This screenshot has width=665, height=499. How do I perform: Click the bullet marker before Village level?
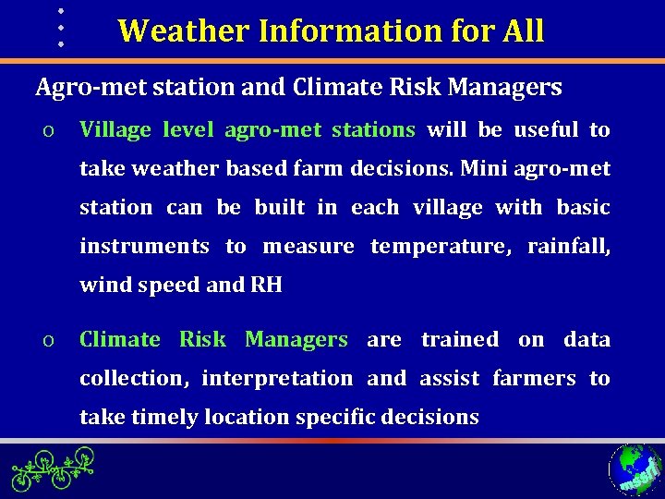pyautogui.click(x=46, y=130)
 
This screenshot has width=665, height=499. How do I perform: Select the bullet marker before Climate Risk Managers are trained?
pyautogui.click(x=46, y=340)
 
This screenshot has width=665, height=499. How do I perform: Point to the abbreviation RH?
pyautogui.click(x=266, y=286)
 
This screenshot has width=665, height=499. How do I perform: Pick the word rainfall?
pyautogui.click(x=568, y=247)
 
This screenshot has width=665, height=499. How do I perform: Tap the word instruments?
pyautogui.click(x=144, y=247)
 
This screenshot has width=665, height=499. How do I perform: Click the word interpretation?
pyautogui.click(x=277, y=379)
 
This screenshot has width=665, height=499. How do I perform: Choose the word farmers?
pyautogui.click(x=534, y=379)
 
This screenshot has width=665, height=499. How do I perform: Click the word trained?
pyautogui.click(x=459, y=340)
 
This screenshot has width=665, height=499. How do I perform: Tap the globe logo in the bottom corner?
pyautogui.click(x=635, y=469)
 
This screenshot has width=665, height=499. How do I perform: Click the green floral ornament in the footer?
pyautogui.click(x=54, y=469)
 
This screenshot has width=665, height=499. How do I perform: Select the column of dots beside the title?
pyautogui.click(x=60, y=27)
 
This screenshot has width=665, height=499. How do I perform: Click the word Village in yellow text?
pyautogui.click(x=115, y=130)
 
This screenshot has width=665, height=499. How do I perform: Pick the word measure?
pyautogui.click(x=308, y=247)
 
